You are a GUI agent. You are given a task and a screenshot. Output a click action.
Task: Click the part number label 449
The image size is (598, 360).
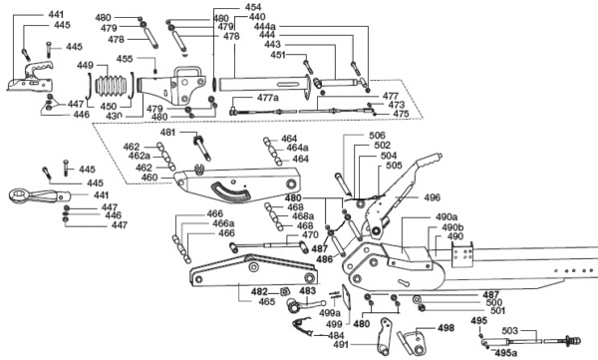pos(85,65)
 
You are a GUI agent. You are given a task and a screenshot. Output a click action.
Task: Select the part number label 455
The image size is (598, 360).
pos(125,59)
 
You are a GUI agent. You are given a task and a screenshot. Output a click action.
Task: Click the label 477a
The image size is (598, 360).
pos(268,98)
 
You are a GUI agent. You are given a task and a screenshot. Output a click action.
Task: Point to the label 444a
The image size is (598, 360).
pos(265,26)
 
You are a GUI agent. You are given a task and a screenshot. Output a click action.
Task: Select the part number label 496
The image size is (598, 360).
pos(433,197)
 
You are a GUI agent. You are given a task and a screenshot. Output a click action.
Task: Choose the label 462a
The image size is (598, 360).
pos(140,156)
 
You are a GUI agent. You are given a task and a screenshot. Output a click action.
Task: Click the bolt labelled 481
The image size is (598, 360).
pos(202,148)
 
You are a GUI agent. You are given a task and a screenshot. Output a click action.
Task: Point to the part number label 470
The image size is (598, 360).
pos(310,234)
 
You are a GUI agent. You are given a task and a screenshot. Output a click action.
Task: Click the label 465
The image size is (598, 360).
pos(266,301)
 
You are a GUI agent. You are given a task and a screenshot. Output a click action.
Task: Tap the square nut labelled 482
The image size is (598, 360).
pos(284,291)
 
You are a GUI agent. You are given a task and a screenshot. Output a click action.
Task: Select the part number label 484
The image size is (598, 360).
pos(336,335)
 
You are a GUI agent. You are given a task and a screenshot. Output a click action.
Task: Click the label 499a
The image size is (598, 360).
pos(330,313)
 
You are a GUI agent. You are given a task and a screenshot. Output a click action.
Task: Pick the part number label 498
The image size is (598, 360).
pos(446,328)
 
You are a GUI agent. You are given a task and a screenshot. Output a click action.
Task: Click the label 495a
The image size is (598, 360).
pos(506,353)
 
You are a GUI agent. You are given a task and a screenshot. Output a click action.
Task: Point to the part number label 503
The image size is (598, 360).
pos(510,331)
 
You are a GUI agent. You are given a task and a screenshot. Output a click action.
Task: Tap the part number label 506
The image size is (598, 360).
pos(377,136)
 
